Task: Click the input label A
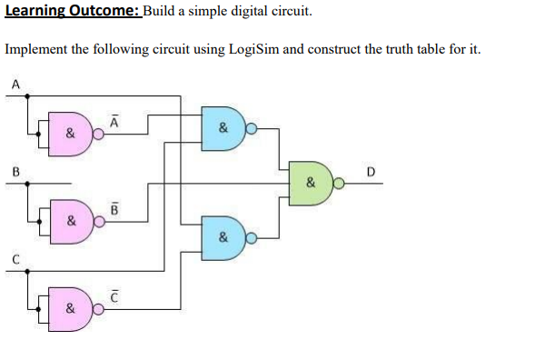coord(15,85)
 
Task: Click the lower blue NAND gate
coord(223,238)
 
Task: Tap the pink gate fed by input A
coord(71,134)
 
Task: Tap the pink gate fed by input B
coord(71,221)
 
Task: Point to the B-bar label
coord(114,207)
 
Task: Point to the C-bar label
coord(114,295)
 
